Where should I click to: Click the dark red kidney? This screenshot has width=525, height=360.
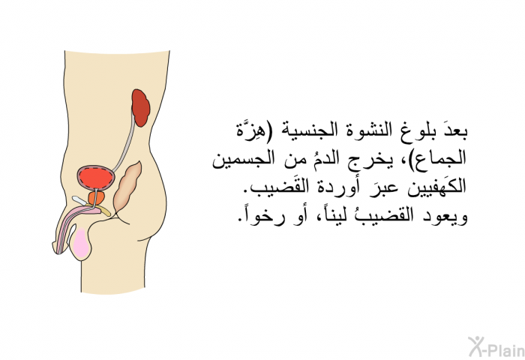tap(141, 108)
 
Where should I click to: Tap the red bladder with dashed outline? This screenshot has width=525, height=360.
tap(96, 178)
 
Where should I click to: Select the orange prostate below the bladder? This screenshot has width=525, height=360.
tap(96, 198)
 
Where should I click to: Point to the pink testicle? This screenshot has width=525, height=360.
tap(82, 244)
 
